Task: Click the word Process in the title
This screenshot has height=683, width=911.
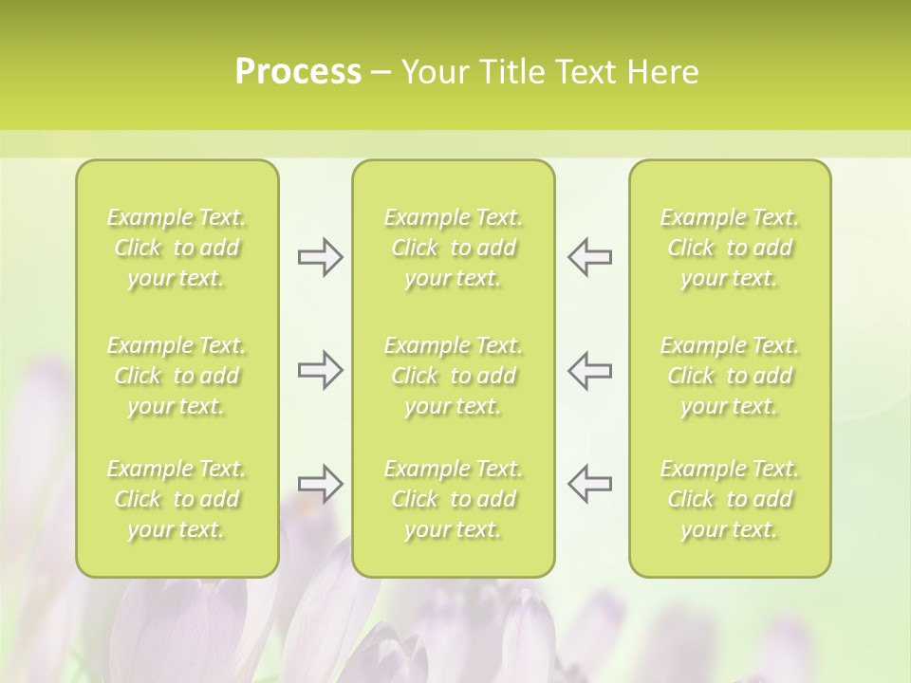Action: (298, 72)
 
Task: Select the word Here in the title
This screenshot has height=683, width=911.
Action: (661, 72)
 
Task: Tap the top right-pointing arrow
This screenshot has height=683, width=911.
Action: (320, 256)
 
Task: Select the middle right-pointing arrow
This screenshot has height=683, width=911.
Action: (320, 370)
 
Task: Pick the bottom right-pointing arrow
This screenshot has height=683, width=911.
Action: (320, 484)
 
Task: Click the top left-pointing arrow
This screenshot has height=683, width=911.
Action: (589, 256)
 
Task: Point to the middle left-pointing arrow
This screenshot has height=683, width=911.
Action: (589, 370)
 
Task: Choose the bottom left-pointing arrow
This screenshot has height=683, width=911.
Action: (589, 484)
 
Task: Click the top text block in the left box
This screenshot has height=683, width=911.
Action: (177, 248)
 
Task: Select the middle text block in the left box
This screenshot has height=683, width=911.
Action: (177, 376)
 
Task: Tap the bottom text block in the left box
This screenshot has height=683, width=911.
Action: (177, 499)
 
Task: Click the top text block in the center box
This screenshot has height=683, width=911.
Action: (454, 248)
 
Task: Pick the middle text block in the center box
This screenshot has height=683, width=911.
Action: (454, 376)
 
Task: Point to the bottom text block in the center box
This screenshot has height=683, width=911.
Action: (454, 499)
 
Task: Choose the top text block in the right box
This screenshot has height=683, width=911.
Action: (730, 248)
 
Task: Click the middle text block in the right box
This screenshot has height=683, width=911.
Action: (730, 376)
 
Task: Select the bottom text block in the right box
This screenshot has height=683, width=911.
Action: (730, 499)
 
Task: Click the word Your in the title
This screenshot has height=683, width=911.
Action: (433, 72)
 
